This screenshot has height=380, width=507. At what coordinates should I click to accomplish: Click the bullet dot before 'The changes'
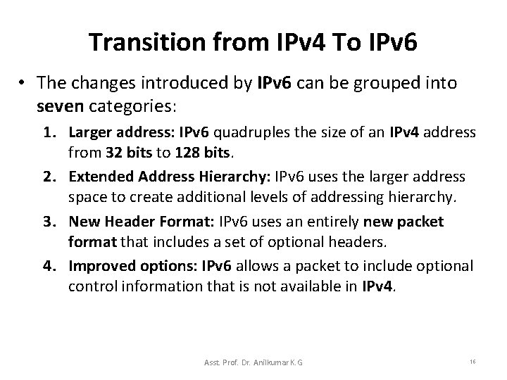[24, 84]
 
